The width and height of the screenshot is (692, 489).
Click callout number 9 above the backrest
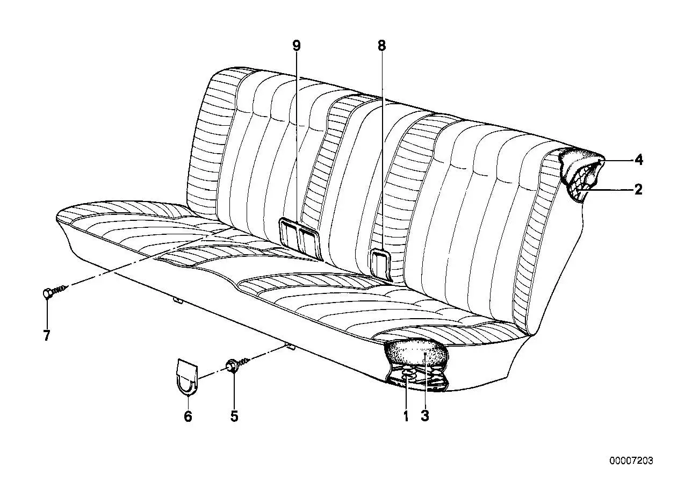pyautogui.click(x=296, y=46)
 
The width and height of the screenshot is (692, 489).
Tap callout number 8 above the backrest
pyautogui.click(x=382, y=46)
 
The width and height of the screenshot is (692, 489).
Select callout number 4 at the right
pyautogui.click(x=639, y=160)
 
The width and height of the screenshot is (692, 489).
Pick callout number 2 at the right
pyautogui.click(x=638, y=189)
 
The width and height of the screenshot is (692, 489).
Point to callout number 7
pyautogui.click(x=46, y=335)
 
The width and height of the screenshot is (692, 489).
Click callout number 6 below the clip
pyautogui.click(x=188, y=416)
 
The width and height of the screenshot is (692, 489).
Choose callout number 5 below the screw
pyautogui.click(x=234, y=416)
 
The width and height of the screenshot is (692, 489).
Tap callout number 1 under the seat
pyautogui.click(x=406, y=416)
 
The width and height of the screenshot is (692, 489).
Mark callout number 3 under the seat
pyautogui.click(x=425, y=416)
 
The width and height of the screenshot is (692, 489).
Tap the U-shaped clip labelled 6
pyautogui.click(x=186, y=377)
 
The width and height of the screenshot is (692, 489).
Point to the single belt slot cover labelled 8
pyautogui.click(x=381, y=265)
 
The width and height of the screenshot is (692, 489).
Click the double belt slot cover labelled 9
pyautogui.click(x=299, y=239)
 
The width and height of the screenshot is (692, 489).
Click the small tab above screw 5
pyautogui.click(x=290, y=347)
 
